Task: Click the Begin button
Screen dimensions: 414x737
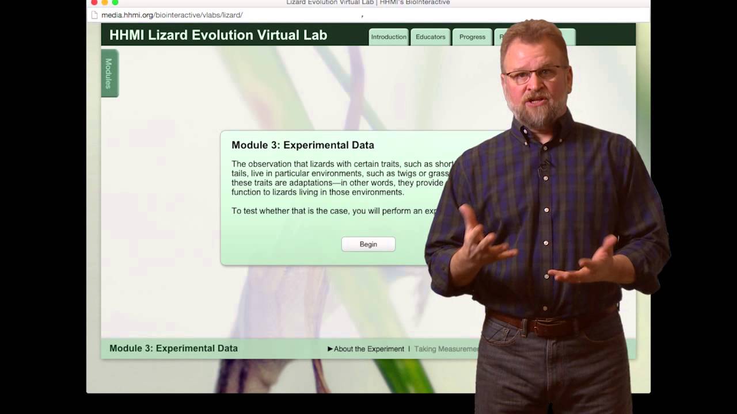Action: [368, 244]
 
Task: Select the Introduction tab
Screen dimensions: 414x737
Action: [389, 37]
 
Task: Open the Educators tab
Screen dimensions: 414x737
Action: [430, 37]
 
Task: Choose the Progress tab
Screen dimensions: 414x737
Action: [472, 37]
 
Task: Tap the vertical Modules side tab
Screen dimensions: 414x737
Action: [109, 73]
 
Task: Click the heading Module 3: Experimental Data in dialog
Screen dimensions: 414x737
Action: [303, 145]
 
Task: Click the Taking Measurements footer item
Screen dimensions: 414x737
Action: [446, 349]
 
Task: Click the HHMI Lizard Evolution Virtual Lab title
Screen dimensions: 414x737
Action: [218, 35]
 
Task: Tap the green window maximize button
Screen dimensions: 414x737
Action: [115, 2]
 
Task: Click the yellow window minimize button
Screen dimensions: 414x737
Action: [105, 2]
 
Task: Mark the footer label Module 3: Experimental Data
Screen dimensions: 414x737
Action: [173, 348]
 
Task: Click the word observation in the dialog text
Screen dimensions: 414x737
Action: [269, 164]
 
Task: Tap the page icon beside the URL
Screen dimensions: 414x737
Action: [95, 15]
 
